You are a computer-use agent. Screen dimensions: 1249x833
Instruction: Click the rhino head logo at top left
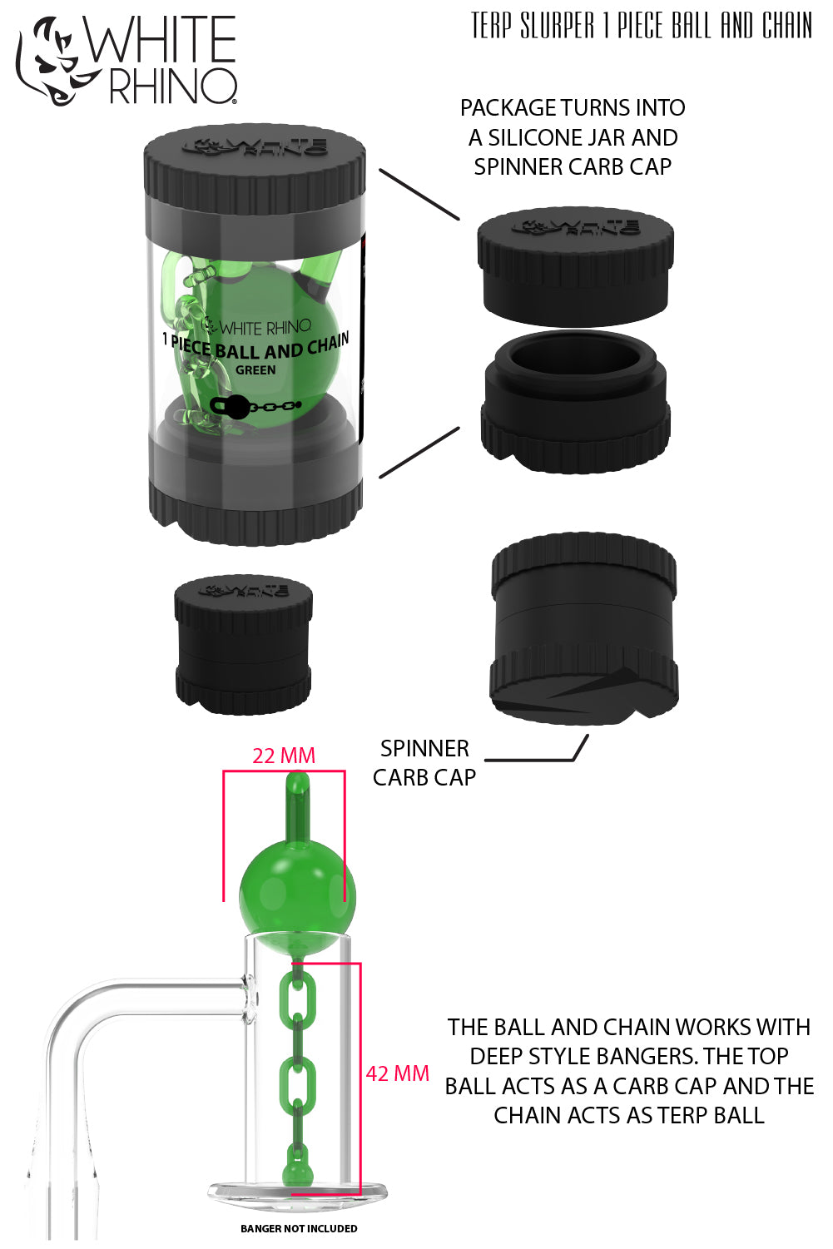pyautogui.click(x=50, y=62)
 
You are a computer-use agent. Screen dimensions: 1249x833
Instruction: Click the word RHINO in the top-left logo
pyautogui.click(x=172, y=87)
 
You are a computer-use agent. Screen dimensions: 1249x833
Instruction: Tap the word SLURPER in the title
pyautogui.click(x=557, y=26)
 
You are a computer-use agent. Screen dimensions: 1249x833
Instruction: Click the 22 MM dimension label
pyautogui.click(x=284, y=756)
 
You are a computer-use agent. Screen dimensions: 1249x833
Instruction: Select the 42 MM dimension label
pyautogui.click(x=397, y=1073)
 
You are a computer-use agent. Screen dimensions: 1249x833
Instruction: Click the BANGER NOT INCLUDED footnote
pyautogui.click(x=299, y=1228)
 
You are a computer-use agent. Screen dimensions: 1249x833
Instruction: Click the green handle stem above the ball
pyautogui.click(x=297, y=807)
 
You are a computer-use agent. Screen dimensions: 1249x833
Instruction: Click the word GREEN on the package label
pyautogui.click(x=255, y=370)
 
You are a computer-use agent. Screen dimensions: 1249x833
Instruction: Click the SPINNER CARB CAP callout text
pyautogui.click(x=424, y=762)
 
